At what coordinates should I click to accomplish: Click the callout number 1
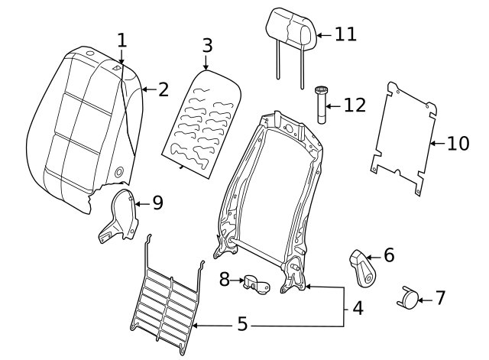[x=122, y=41]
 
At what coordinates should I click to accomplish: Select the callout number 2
[x=163, y=90]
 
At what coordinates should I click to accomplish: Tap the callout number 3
[x=206, y=45]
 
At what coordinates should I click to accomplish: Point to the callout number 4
[x=358, y=310]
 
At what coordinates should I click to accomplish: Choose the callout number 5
[x=242, y=325]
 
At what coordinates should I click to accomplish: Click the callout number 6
[x=389, y=255]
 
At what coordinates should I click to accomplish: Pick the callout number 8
[x=225, y=280]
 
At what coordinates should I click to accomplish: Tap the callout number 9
[x=157, y=203]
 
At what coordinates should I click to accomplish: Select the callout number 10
[x=458, y=143]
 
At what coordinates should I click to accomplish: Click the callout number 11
[x=345, y=34]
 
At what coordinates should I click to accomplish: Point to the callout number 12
[x=355, y=105]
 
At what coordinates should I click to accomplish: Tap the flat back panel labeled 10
[x=403, y=134]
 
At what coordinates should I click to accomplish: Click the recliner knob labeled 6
[x=362, y=268]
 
